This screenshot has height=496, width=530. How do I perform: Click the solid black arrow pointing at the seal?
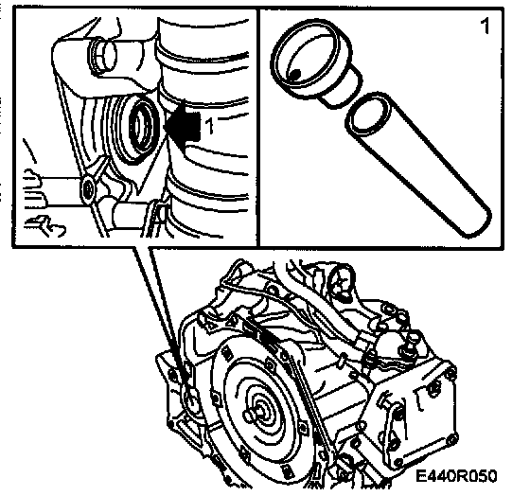click(x=183, y=126)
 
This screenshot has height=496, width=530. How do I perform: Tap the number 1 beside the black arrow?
click(x=209, y=126)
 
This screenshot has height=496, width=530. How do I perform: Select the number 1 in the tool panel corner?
click(x=485, y=27)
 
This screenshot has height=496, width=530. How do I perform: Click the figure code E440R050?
click(x=456, y=476)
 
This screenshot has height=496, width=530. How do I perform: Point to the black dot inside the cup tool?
click(x=295, y=75)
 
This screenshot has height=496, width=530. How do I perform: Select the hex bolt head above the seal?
click(x=102, y=55)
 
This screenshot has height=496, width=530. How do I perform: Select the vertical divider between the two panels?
click(x=258, y=128)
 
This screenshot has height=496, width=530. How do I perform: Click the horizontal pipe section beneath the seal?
click(x=131, y=214)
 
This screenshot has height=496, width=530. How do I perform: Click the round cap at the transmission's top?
click(x=342, y=278)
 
